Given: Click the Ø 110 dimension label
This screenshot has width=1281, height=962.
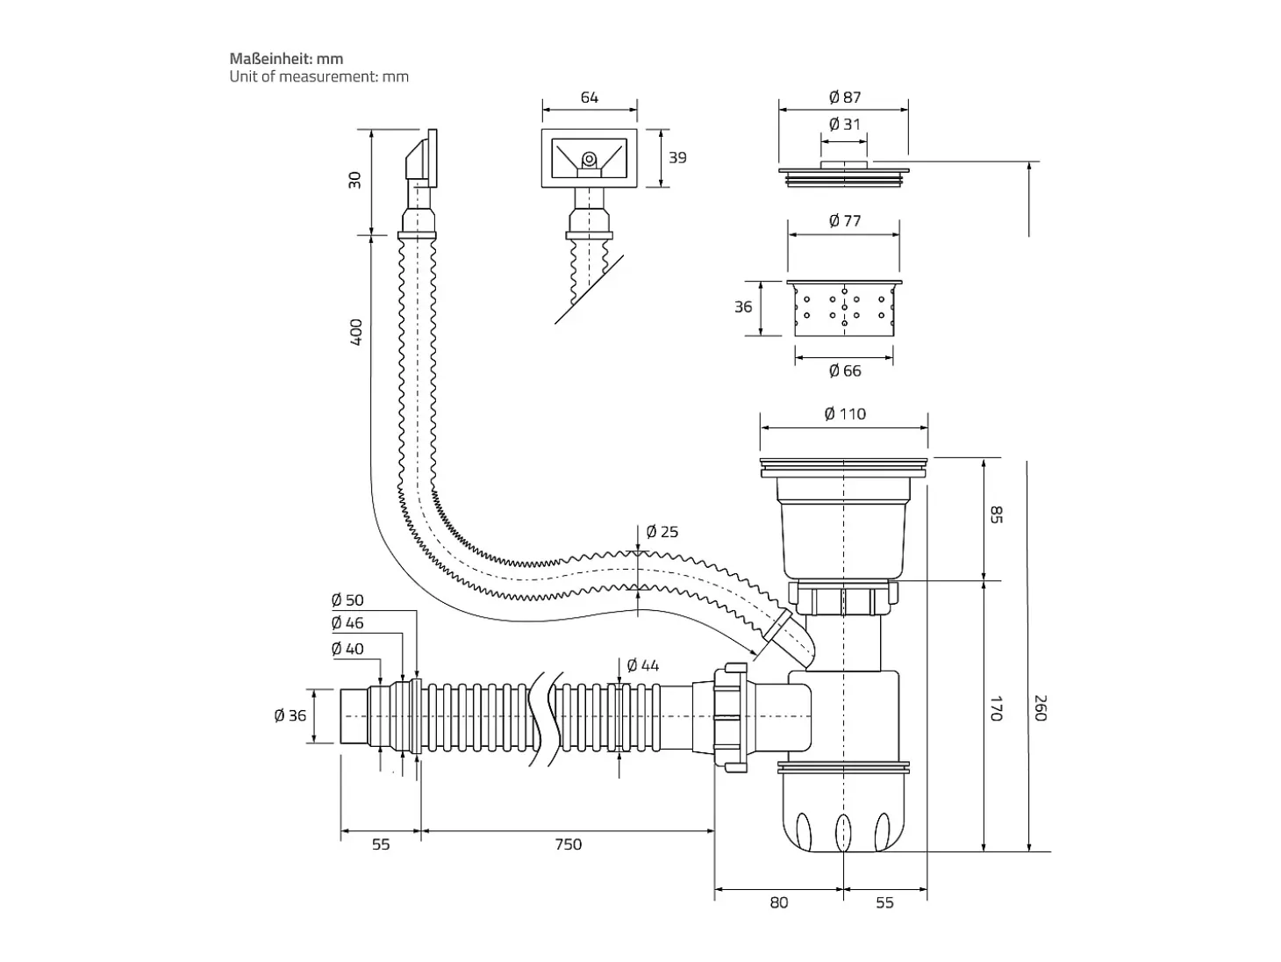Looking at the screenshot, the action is pyautogui.click(x=844, y=414).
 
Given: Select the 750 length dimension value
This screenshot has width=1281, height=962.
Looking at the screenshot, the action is pyautogui.click(x=568, y=844).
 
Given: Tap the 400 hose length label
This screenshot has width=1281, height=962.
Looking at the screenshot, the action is pyautogui.click(x=356, y=332).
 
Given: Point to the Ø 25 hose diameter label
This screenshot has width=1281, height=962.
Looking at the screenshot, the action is pyautogui.click(x=662, y=532).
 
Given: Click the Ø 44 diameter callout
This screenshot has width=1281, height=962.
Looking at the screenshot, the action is pyautogui.click(x=642, y=664).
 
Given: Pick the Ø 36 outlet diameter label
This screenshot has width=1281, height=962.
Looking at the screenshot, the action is pyautogui.click(x=290, y=715).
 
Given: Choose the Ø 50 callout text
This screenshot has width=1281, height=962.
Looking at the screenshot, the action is pyautogui.click(x=347, y=600).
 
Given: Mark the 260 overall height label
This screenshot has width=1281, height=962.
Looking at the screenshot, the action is pyautogui.click(x=1041, y=708).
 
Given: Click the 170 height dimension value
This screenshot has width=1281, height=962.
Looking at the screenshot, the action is pyautogui.click(x=996, y=708).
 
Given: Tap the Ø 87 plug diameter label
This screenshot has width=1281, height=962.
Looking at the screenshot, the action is pyautogui.click(x=844, y=97).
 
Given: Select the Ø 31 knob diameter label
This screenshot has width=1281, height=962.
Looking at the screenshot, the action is pyautogui.click(x=844, y=124).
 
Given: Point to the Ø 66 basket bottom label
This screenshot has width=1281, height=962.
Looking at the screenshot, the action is pyautogui.click(x=844, y=370).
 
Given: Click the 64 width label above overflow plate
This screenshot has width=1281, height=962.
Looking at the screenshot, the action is pyautogui.click(x=589, y=97).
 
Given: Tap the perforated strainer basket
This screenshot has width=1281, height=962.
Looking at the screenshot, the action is pyautogui.click(x=844, y=307).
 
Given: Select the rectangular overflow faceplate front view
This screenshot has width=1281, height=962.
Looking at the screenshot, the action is pyautogui.click(x=589, y=158).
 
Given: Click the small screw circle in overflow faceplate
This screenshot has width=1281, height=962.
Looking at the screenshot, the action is pyautogui.click(x=589, y=158).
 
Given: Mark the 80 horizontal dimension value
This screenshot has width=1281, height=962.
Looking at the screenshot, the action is pyautogui.click(x=778, y=902).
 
